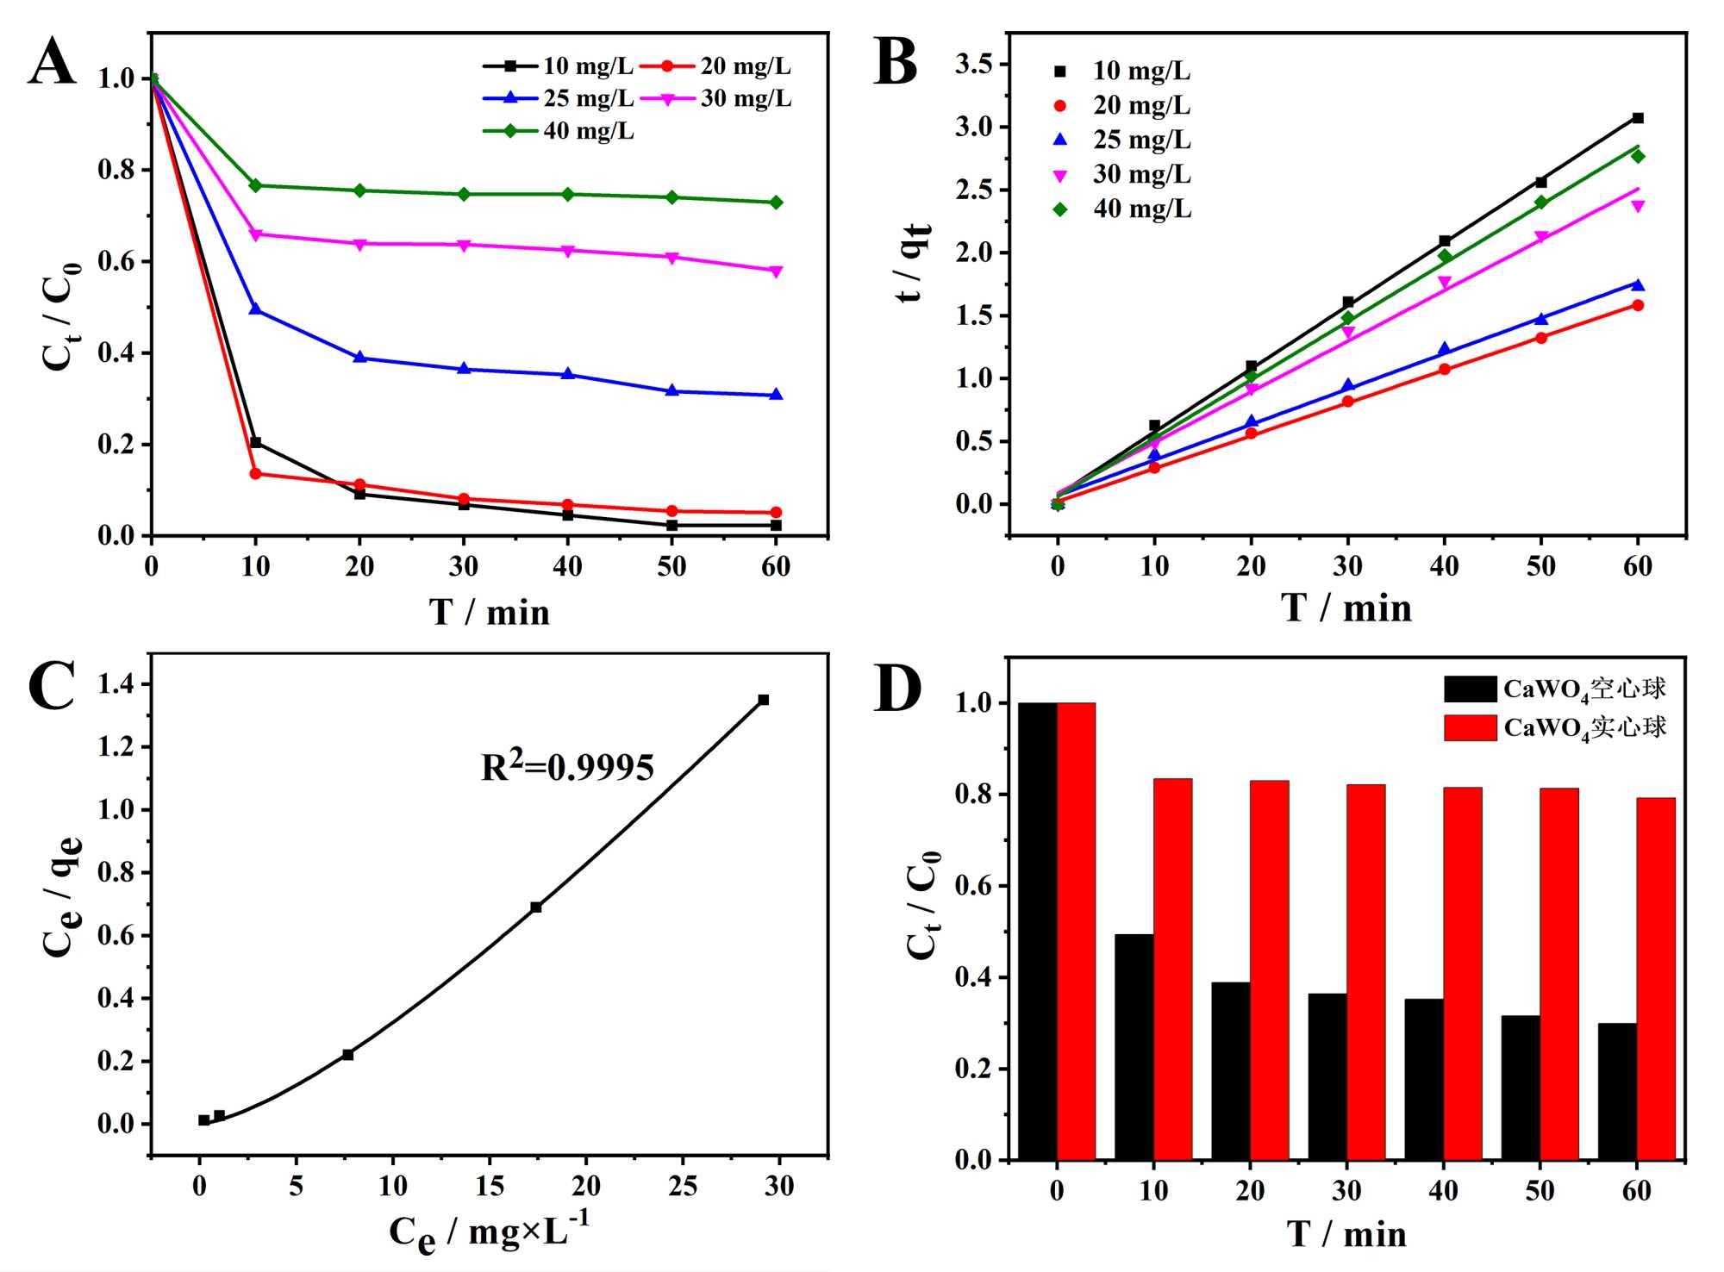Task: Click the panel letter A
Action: point(52,62)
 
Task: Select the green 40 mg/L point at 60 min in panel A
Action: point(776,203)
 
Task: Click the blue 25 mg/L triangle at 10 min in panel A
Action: point(255,308)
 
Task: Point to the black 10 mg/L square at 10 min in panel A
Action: point(255,442)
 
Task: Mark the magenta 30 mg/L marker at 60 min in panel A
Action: point(776,271)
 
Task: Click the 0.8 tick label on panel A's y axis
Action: point(116,170)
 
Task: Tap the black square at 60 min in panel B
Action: point(1638,118)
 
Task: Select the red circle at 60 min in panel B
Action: point(1638,305)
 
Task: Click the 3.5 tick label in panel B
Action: point(973,64)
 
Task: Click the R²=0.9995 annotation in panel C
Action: point(567,766)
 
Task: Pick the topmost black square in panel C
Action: point(763,700)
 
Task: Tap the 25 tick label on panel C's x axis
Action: point(683,1187)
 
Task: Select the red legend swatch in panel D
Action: point(1470,727)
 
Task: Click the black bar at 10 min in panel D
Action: point(1134,1046)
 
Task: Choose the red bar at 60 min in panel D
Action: point(1656,978)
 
